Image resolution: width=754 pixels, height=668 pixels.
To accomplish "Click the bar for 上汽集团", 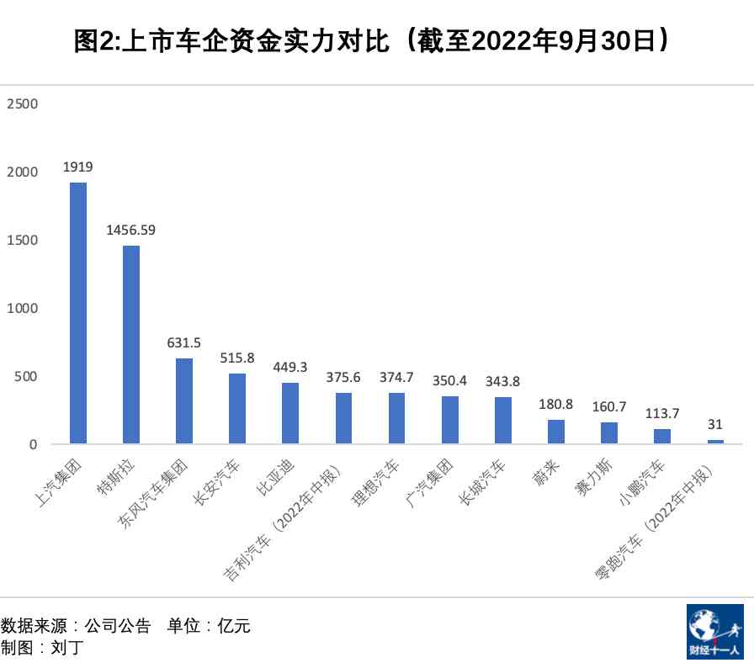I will click(77, 313).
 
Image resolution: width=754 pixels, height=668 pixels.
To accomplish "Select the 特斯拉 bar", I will click(131, 344).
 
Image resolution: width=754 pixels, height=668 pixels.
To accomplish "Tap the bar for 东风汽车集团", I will click(184, 401).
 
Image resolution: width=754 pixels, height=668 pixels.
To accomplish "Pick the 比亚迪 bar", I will click(290, 413).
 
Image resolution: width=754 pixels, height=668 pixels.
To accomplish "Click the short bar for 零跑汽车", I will click(715, 442).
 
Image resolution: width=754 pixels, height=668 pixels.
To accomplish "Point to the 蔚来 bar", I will click(556, 432).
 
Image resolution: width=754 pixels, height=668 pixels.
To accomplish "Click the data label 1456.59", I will click(130, 230).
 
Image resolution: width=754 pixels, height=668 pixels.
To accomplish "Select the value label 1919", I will click(77, 167).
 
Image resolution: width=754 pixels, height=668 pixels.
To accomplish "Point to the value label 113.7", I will click(662, 413).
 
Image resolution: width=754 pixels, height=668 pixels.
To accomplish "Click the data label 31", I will click(715, 424).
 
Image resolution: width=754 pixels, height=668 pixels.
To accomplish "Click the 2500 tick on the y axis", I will click(23, 103).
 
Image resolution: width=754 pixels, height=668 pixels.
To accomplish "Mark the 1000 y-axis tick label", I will click(23, 308).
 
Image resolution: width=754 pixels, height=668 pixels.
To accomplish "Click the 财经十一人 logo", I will click(714, 631).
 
